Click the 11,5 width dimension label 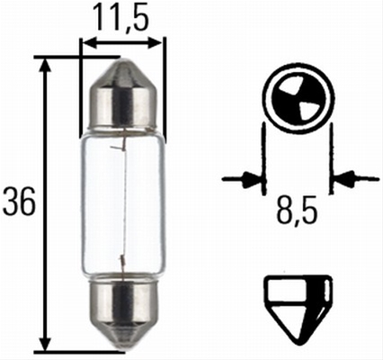(x=121, y=17)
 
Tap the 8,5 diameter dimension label (x=297, y=210)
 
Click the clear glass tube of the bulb (x=123, y=204)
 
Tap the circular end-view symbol (x=298, y=99)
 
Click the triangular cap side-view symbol (x=298, y=310)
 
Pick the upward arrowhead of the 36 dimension (x=45, y=67)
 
